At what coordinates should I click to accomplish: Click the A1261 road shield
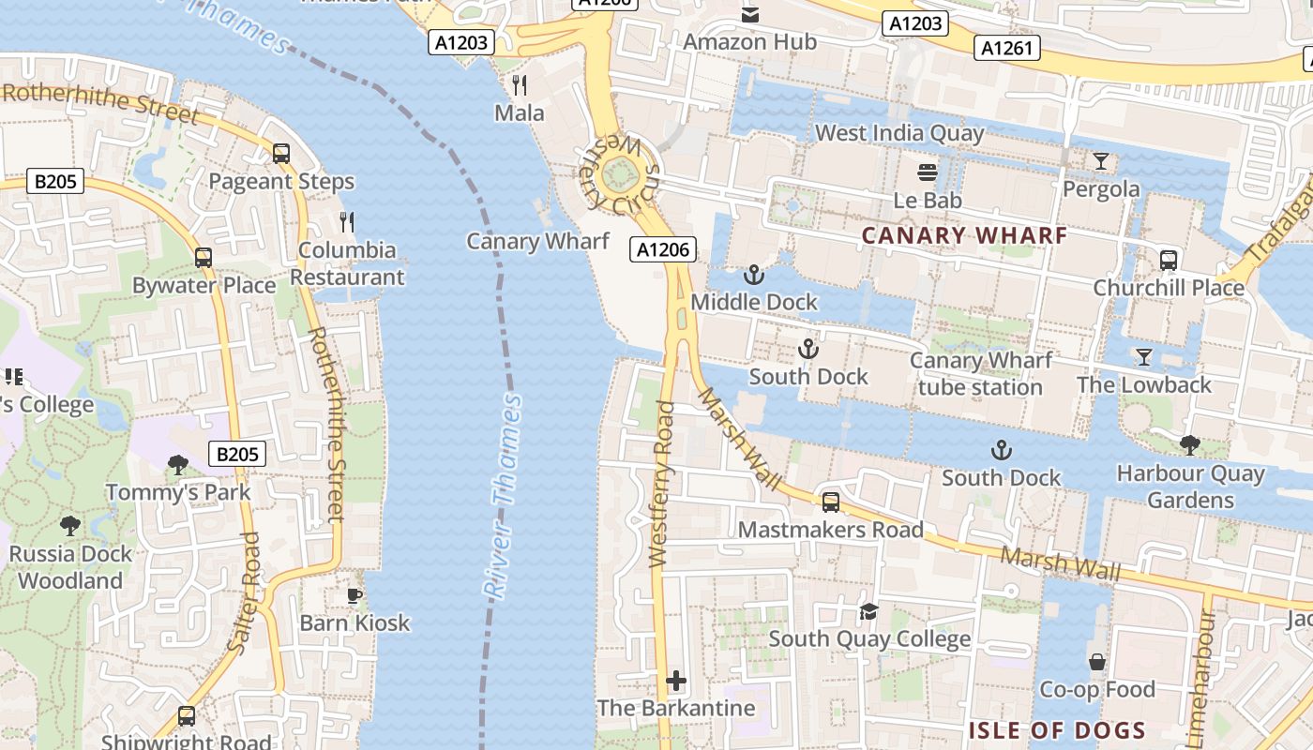[1006, 48]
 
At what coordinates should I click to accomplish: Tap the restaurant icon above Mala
[520, 85]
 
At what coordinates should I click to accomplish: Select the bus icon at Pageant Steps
[280, 154]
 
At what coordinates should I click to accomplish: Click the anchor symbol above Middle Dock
[752, 275]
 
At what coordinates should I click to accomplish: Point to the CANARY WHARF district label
[964, 235]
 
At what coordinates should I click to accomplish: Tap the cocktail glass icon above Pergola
[1101, 161]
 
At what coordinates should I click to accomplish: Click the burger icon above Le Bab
[928, 172]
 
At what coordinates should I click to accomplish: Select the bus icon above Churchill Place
[1168, 260]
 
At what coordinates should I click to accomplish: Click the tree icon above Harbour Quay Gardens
[1189, 445]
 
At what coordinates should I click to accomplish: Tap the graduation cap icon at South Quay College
[868, 611]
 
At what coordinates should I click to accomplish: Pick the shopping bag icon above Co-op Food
[1096, 662]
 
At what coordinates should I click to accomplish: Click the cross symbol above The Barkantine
[676, 680]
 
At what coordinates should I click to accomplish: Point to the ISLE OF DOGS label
[1057, 730]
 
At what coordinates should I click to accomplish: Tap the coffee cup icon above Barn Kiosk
[355, 595]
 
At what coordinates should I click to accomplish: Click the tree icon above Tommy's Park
[177, 464]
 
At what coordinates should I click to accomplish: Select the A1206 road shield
[662, 249]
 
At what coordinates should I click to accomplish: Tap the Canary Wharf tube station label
[981, 374]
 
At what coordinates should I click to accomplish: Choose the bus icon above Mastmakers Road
[830, 502]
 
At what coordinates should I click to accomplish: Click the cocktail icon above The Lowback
[1143, 357]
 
